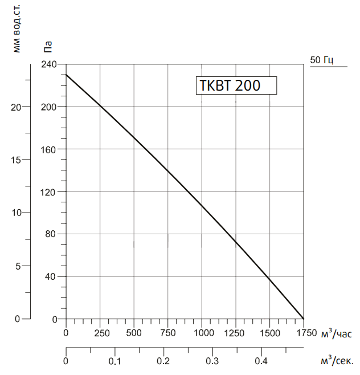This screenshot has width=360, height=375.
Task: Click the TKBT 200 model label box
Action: [x=236, y=85]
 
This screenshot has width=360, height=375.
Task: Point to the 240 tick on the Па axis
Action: [x=50, y=64]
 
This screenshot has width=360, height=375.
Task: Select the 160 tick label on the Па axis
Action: [x=50, y=149]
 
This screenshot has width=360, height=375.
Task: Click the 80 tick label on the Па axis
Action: [x=52, y=234]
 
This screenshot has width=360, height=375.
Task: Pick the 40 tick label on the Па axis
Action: [x=52, y=277]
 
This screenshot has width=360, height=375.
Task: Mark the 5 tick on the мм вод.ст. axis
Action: [x=19, y=266]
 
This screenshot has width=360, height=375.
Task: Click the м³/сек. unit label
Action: [x=337, y=361]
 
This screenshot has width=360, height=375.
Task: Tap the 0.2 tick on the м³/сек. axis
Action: [x=163, y=361]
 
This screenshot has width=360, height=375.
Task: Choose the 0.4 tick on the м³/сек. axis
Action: [x=261, y=361]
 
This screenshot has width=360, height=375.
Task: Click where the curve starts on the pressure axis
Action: [x=66, y=75]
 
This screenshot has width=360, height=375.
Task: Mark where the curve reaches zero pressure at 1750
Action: [x=303, y=319]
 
